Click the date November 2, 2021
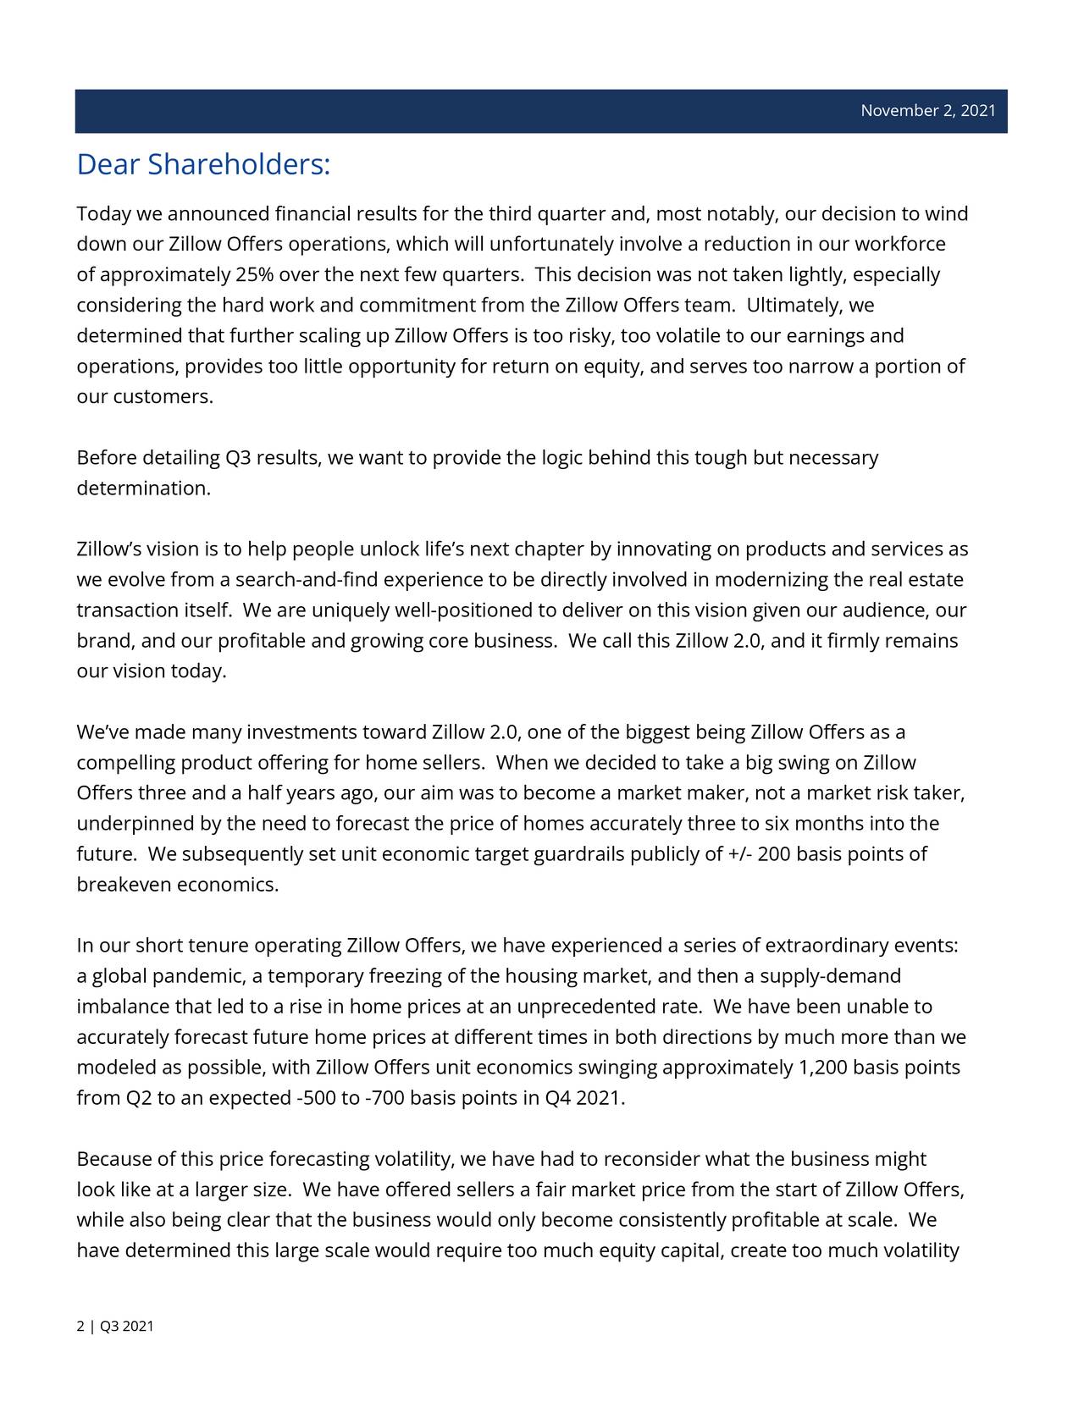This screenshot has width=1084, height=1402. click(927, 111)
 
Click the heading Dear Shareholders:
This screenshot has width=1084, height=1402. click(202, 164)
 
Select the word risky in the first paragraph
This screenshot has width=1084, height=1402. click(592, 336)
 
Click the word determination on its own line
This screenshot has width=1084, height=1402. click(142, 488)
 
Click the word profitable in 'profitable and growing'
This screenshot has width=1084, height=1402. click(262, 642)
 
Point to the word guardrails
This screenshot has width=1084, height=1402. click(579, 855)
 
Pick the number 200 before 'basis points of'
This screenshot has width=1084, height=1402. click(774, 855)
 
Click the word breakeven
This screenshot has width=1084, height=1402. click(124, 886)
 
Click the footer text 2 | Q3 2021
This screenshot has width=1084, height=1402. click(115, 1327)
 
